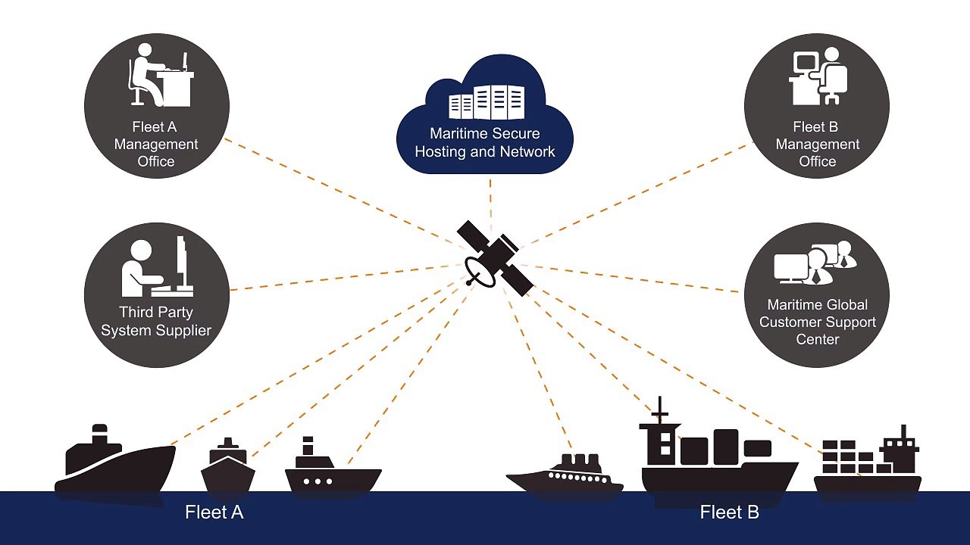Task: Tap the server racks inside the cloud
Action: coord(486,102)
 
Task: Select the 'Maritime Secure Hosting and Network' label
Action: coord(485,142)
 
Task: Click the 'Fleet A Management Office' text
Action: coord(156,144)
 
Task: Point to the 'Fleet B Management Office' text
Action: coord(817,144)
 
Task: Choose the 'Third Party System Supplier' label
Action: coord(156,321)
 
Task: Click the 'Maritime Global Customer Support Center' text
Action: coord(817,322)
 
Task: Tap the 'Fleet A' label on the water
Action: coord(214,512)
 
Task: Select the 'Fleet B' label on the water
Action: coord(729,512)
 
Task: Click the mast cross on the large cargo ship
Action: coord(660,413)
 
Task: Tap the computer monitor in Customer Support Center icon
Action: coord(790,267)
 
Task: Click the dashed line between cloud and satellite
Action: coord(490,201)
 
